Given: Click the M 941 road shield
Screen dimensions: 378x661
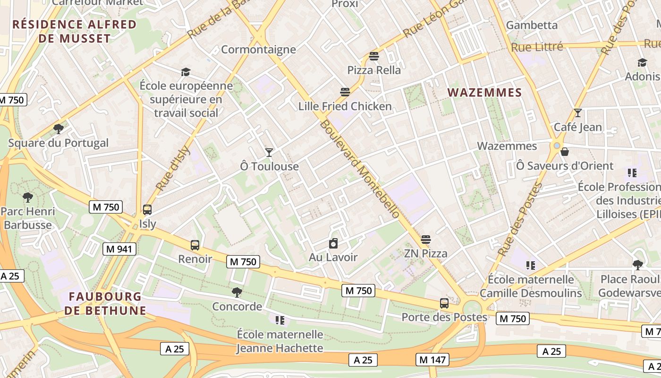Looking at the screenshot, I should click(119, 249).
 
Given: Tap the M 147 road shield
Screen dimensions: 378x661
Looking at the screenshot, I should click(432, 360).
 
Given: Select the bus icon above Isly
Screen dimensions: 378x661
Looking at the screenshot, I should click(147, 210).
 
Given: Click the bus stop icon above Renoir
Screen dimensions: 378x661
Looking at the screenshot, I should click(195, 245).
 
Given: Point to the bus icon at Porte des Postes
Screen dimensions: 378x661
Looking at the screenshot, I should click(444, 303).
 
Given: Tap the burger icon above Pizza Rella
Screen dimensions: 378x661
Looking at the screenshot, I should click(374, 57).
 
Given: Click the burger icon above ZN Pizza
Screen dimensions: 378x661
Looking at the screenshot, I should click(426, 240).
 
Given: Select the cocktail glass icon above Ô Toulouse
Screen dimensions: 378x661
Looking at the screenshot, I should click(269, 152).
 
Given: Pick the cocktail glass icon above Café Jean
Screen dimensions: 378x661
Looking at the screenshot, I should click(577, 113).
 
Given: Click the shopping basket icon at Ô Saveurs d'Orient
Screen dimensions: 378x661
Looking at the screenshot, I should click(565, 152).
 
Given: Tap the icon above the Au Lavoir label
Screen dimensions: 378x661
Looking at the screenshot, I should click(333, 243).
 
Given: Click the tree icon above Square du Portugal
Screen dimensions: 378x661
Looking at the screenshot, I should click(59, 129).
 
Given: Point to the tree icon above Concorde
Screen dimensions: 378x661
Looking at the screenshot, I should click(237, 292).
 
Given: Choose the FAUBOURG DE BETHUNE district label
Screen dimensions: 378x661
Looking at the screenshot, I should click(105, 303).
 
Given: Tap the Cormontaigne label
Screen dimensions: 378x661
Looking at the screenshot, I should click(258, 50).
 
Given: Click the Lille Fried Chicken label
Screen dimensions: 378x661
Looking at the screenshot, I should click(345, 106).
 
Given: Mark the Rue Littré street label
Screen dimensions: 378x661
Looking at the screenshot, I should click(537, 47).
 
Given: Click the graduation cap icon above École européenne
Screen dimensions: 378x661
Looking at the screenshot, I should click(186, 72).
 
